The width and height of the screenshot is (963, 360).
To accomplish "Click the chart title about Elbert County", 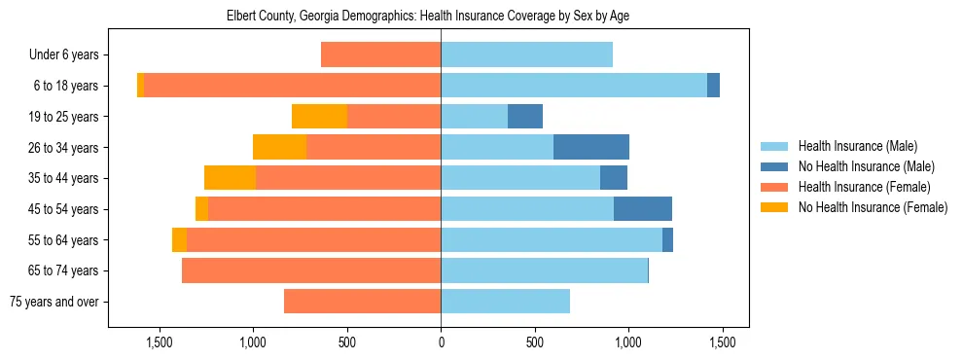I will pyautogui.click(x=441, y=17).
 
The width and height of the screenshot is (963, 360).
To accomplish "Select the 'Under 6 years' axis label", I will pyautogui.click(x=69, y=55).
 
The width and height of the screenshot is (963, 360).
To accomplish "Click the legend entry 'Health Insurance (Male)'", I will pyautogui.click(x=857, y=146).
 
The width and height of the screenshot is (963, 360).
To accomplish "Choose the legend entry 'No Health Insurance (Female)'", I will pyautogui.click(x=873, y=207).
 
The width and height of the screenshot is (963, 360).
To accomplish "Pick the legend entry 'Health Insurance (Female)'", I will pyautogui.click(x=864, y=187).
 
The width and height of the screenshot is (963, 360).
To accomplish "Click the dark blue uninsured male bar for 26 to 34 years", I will pyautogui.click(x=591, y=147).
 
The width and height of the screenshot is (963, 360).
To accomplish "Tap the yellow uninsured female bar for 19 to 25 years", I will pyautogui.click(x=319, y=117).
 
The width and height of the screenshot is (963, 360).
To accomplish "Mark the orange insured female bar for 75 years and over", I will pyautogui.click(x=362, y=302).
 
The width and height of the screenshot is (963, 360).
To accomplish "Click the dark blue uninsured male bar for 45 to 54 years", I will pyautogui.click(x=643, y=209).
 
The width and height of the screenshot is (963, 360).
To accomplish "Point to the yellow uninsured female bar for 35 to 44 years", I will pyautogui.click(x=230, y=178).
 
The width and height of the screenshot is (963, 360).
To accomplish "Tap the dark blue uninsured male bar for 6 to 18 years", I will pyautogui.click(x=713, y=86).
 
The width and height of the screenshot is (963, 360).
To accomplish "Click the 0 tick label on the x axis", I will pyautogui.click(x=441, y=343).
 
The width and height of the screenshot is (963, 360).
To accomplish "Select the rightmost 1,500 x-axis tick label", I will pyautogui.click(x=722, y=343).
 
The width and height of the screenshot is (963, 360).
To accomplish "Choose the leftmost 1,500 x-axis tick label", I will pyautogui.click(x=160, y=343).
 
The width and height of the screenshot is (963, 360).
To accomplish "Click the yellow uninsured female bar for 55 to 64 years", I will pyautogui.click(x=179, y=240).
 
